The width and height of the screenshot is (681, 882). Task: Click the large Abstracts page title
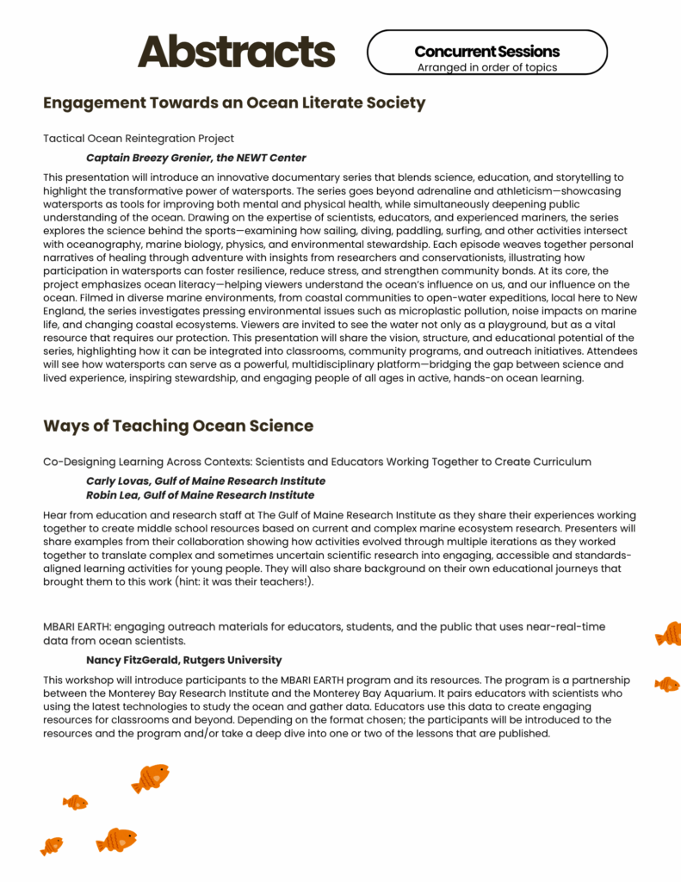click(236, 52)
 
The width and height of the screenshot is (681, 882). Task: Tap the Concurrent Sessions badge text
click(486, 52)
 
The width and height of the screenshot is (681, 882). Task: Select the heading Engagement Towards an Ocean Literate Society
click(234, 103)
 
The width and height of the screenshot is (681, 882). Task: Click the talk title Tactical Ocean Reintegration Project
click(139, 138)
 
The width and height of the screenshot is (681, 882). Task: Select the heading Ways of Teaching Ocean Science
click(178, 425)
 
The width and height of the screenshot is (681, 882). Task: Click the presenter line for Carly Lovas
click(206, 481)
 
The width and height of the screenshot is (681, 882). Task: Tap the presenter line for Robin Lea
click(200, 495)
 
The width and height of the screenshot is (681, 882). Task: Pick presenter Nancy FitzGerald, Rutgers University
click(183, 660)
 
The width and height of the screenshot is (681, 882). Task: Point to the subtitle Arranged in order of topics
click(486, 67)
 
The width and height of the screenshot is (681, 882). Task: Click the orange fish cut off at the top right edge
click(668, 634)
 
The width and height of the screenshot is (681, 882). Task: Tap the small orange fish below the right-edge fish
click(666, 684)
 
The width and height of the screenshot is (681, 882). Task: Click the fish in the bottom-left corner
click(52, 846)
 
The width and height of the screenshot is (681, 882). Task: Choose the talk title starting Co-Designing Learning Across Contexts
click(317, 462)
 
